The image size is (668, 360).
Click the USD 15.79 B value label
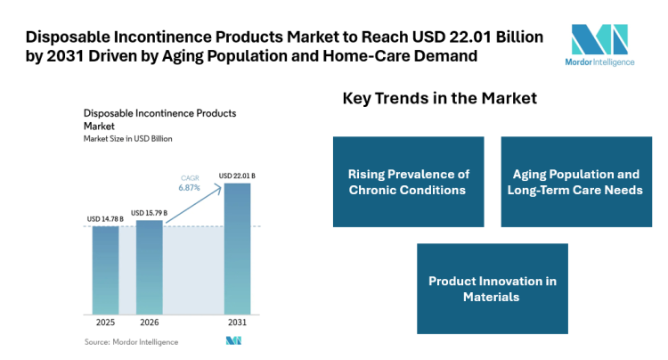point(149,213)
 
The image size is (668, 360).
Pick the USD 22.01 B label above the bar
point(237,176)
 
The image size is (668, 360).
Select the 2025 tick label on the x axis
point(105,323)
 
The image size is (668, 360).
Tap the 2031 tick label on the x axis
point(237,323)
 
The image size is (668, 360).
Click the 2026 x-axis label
point(149,323)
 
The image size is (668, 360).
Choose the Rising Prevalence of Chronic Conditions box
point(408,182)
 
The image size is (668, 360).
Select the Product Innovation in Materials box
point(492,289)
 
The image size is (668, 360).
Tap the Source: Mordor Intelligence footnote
point(131,341)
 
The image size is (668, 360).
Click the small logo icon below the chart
point(233,341)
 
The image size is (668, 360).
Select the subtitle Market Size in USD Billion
point(127,139)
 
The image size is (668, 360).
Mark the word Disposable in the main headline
point(63,37)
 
